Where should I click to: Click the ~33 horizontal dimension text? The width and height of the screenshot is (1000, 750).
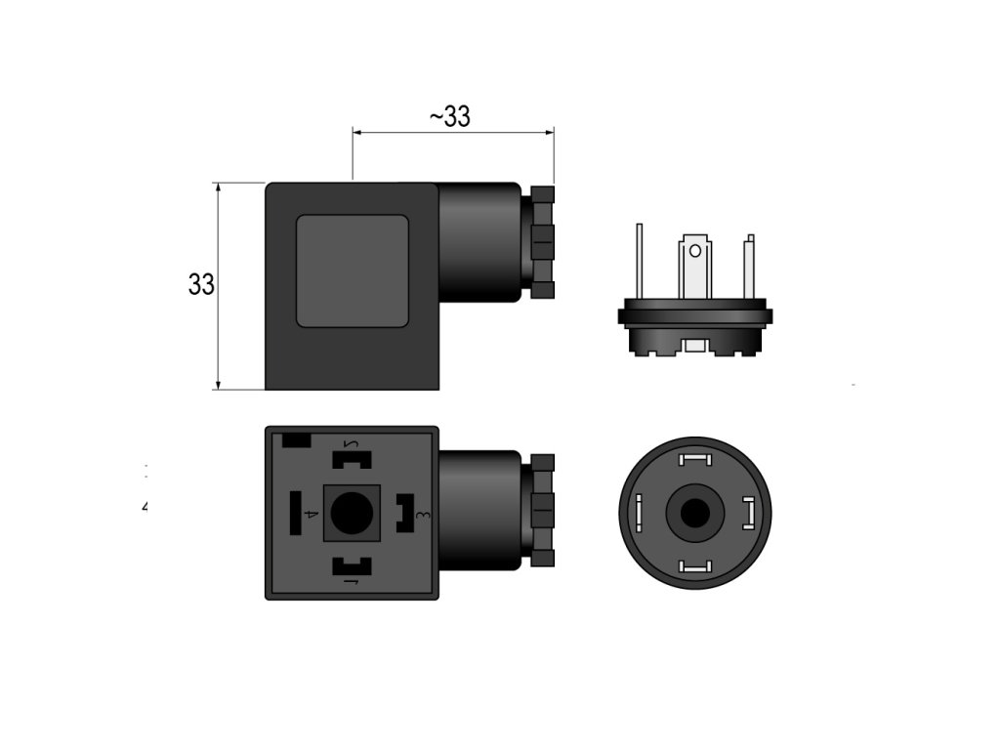point(449,117)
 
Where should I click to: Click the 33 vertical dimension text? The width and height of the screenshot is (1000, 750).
point(201,284)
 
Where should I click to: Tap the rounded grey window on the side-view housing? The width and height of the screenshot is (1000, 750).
point(352,271)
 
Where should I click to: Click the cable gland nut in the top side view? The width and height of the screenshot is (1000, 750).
point(542,241)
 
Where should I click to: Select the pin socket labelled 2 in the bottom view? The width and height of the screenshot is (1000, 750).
point(353,456)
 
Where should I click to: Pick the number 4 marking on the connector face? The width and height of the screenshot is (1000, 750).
point(311,514)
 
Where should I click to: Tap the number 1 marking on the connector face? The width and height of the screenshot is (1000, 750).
point(353,583)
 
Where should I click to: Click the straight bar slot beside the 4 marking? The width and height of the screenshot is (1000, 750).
point(294,513)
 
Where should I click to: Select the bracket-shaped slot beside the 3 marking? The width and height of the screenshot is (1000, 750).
point(402,512)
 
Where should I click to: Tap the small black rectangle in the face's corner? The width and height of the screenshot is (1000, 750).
point(296,440)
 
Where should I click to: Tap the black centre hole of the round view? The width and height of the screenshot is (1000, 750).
point(695,513)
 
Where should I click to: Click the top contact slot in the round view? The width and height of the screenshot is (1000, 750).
point(695,460)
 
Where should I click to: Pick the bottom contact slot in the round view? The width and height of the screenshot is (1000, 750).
point(695,565)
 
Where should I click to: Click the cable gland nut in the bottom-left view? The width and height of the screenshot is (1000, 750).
point(542,510)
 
